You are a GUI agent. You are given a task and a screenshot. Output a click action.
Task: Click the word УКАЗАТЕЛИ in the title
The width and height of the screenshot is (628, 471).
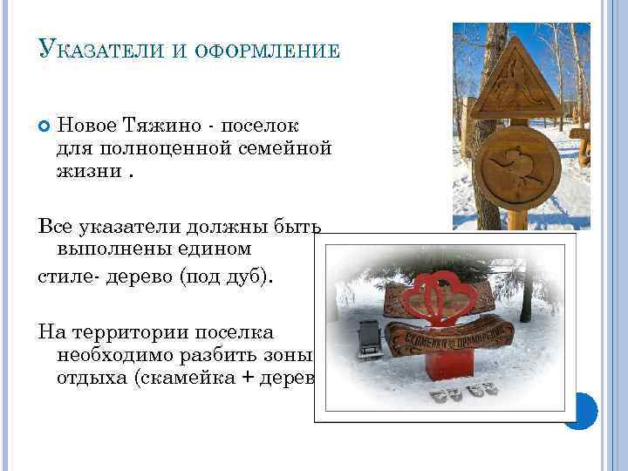coord(98,50)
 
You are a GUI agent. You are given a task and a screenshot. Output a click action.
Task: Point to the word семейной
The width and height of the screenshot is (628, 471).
coord(284,147)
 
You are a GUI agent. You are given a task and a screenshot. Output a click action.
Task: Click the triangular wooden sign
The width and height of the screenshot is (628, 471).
coord(521,83)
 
